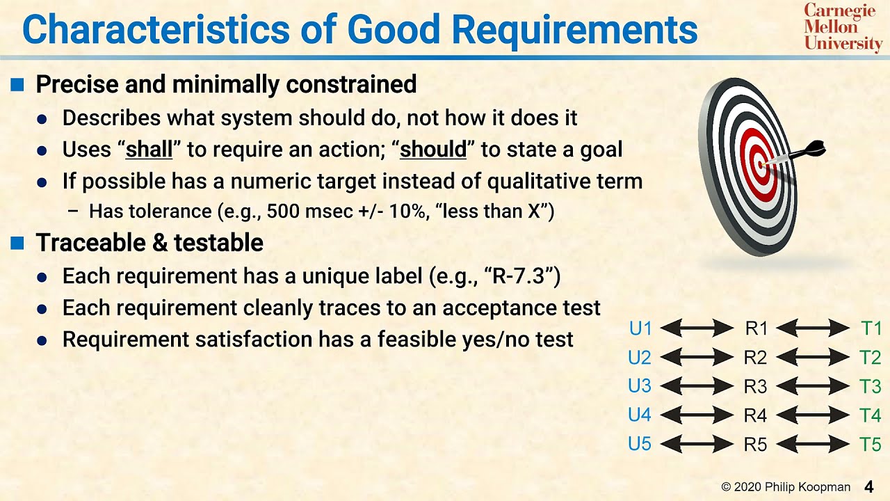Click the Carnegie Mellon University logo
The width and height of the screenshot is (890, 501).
pyautogui.click(x=843, y=27)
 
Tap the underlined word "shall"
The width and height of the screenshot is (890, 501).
pyautogui.click(x=148, y=150)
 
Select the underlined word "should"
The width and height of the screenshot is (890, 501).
pyautogui.click(x=433, y=150)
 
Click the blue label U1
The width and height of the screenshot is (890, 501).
pyautogui.click(x=640, y=328)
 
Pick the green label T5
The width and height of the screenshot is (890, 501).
pyautogui.click(x=870, y=445)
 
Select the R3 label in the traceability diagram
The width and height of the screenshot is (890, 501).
pyautogui.click(x=755, y=386)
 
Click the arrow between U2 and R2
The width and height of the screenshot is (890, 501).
pyautogui.click(x=697, y=358)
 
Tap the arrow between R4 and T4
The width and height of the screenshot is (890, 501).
pyautogui.click(x=812, y=415)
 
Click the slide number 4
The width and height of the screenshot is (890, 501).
pyautogui.click(x=869, y=486)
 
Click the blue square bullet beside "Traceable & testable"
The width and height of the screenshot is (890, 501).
pyautogui.click(x=17, y=243)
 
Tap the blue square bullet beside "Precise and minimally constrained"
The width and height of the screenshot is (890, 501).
pyautogui.click(x=17, y=85)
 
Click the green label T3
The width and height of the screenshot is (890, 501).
pyautogui.click(x=870, y=386)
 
